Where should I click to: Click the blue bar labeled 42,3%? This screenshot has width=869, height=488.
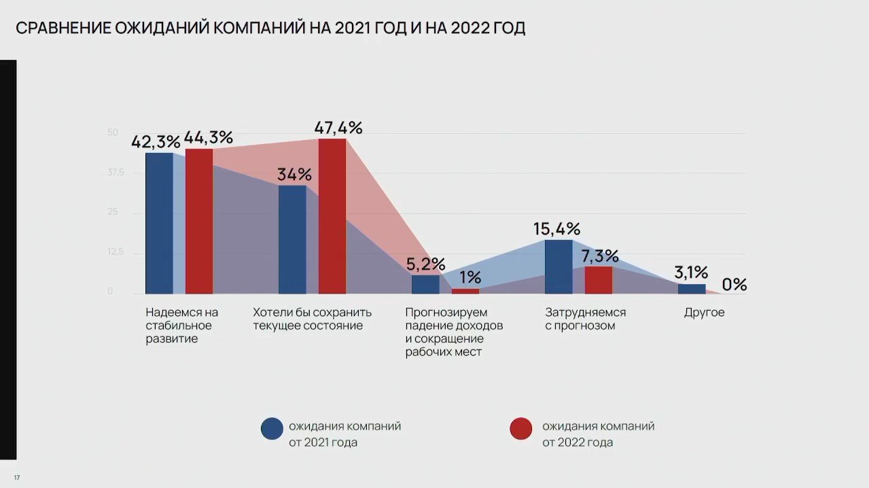(x=159, y=223)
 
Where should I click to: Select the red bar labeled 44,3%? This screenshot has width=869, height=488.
(x=199, y=221)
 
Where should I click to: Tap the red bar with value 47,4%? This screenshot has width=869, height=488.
(x=332, y=216)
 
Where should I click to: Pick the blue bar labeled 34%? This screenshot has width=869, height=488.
(x=292, y=239)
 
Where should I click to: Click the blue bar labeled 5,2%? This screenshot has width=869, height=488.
(x=425, y=284)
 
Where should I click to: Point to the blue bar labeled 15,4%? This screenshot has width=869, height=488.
(x=558, y=266)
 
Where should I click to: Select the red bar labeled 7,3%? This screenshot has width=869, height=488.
(x=599, y=280)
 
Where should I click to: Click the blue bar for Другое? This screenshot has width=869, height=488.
(x=692, y=289)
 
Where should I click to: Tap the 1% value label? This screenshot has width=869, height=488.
(x=469, y=277)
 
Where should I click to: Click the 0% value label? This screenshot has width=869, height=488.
(x=734, y=284)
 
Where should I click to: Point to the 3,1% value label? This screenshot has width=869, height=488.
(x=691, y=273)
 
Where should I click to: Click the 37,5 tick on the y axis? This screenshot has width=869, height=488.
(x=116, y=172)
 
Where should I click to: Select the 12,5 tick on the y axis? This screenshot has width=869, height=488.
(x=116, y=252)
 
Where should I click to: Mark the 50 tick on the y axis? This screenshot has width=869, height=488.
(x=112, y=132)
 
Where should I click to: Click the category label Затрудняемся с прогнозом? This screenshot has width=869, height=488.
(x=585, y=319)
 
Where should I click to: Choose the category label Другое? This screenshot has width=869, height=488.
(x=704, y=313)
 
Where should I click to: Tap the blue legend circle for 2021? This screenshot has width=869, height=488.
(x=272, y=429)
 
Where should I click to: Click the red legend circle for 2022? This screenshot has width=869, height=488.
(x=520, y=429)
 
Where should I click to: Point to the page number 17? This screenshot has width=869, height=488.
(x=17, y=478)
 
